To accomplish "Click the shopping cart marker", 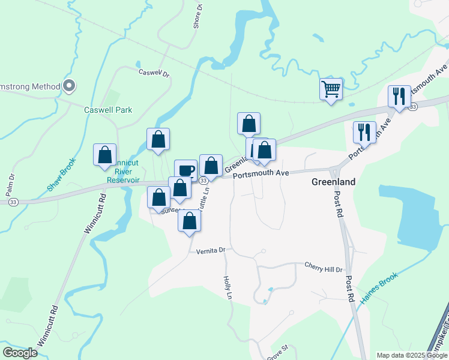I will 331,89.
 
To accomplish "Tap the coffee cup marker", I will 185,170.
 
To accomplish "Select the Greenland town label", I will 333,182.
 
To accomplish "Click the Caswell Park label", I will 108,110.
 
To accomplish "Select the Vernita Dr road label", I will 210,250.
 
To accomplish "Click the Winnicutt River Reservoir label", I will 123,172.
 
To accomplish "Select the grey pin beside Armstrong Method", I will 69,86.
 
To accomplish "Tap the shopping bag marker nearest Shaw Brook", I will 105,154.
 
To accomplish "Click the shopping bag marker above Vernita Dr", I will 190,221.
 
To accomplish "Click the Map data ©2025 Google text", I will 412,355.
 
